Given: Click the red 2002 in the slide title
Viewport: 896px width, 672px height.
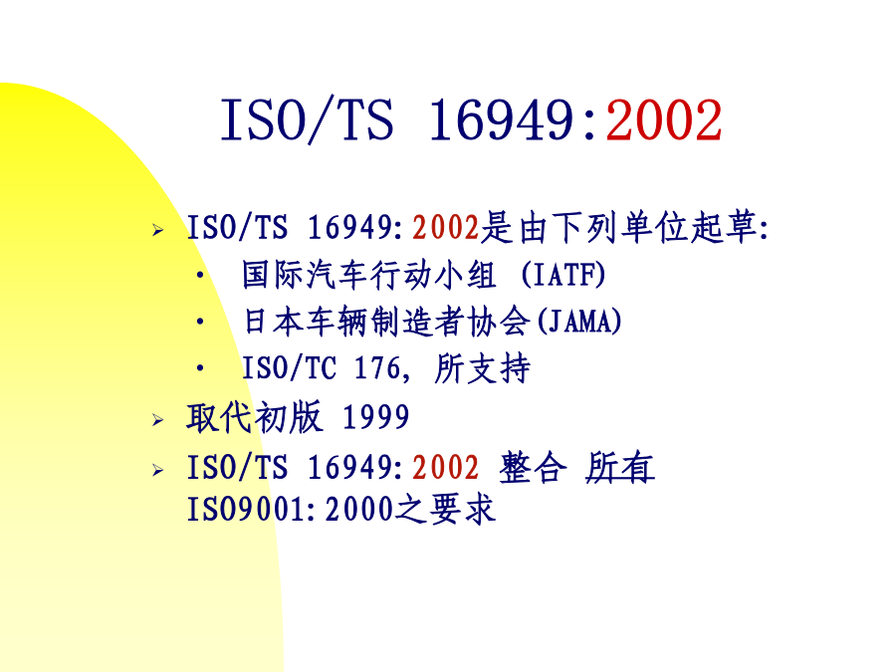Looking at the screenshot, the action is click(664, 120).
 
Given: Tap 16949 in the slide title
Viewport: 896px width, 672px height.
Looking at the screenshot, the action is click(501, 120).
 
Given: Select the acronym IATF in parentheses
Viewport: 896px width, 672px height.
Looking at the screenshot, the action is click(562, 275).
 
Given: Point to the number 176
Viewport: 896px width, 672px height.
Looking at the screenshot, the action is click(377, 368).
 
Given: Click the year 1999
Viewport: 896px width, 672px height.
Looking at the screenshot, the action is click(375, 417).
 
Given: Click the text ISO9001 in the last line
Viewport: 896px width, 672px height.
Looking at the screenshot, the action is click(246, 509).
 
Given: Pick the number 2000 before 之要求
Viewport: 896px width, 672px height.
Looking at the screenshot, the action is click(359, 509).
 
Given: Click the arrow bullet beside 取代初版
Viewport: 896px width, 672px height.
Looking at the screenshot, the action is click(158, 420).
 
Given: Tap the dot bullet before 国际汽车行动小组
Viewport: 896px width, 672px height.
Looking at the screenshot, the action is click(200, 276).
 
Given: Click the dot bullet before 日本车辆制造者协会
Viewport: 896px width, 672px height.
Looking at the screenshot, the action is click(200, 322).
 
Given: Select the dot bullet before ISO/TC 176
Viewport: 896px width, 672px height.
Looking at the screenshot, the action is click(200, 368).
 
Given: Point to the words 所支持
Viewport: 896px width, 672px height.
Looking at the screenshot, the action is click(482, 368).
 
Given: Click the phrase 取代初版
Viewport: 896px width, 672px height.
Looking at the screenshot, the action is click(254, 417).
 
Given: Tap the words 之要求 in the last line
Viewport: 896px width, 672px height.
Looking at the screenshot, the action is click(445, 509).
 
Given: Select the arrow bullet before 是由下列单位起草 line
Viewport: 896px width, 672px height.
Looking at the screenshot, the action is click(158, 230).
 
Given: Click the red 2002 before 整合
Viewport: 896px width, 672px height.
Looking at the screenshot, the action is click(445, 468).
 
